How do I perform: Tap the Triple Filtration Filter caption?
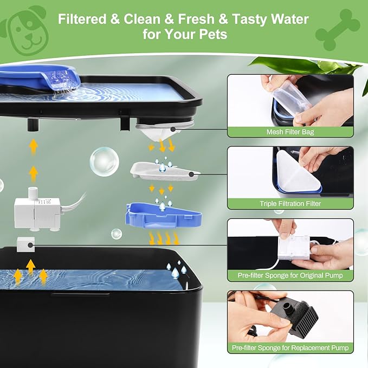[290, 204]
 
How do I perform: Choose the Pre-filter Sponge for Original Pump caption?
[290, 275]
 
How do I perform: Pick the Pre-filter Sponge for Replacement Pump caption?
[290, 347]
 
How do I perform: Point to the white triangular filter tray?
[162, 169]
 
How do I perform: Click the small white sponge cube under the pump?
[25, 246]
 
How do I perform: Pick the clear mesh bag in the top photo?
[290, 98]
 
